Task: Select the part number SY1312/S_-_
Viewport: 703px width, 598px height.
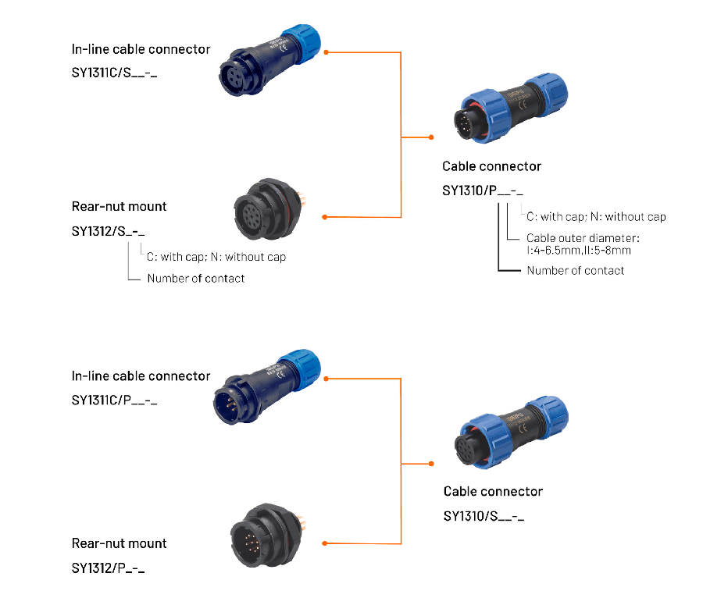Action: click(108, 231)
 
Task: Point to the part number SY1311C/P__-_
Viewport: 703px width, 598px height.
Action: click(115, 400)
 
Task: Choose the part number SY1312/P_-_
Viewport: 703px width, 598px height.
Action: click(108, 568)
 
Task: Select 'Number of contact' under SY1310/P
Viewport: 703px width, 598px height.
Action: click(576, 270)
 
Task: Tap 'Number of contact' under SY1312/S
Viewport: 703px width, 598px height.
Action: click(195, 278)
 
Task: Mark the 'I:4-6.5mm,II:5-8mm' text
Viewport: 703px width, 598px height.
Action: click(579, 251)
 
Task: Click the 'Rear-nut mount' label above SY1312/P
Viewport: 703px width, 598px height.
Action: click(119, 543)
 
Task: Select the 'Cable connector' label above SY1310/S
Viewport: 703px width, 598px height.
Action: click(493, 491)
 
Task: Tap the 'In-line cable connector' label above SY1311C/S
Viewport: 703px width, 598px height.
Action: click(141, 49)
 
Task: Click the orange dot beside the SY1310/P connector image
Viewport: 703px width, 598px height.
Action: click(431, 137)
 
